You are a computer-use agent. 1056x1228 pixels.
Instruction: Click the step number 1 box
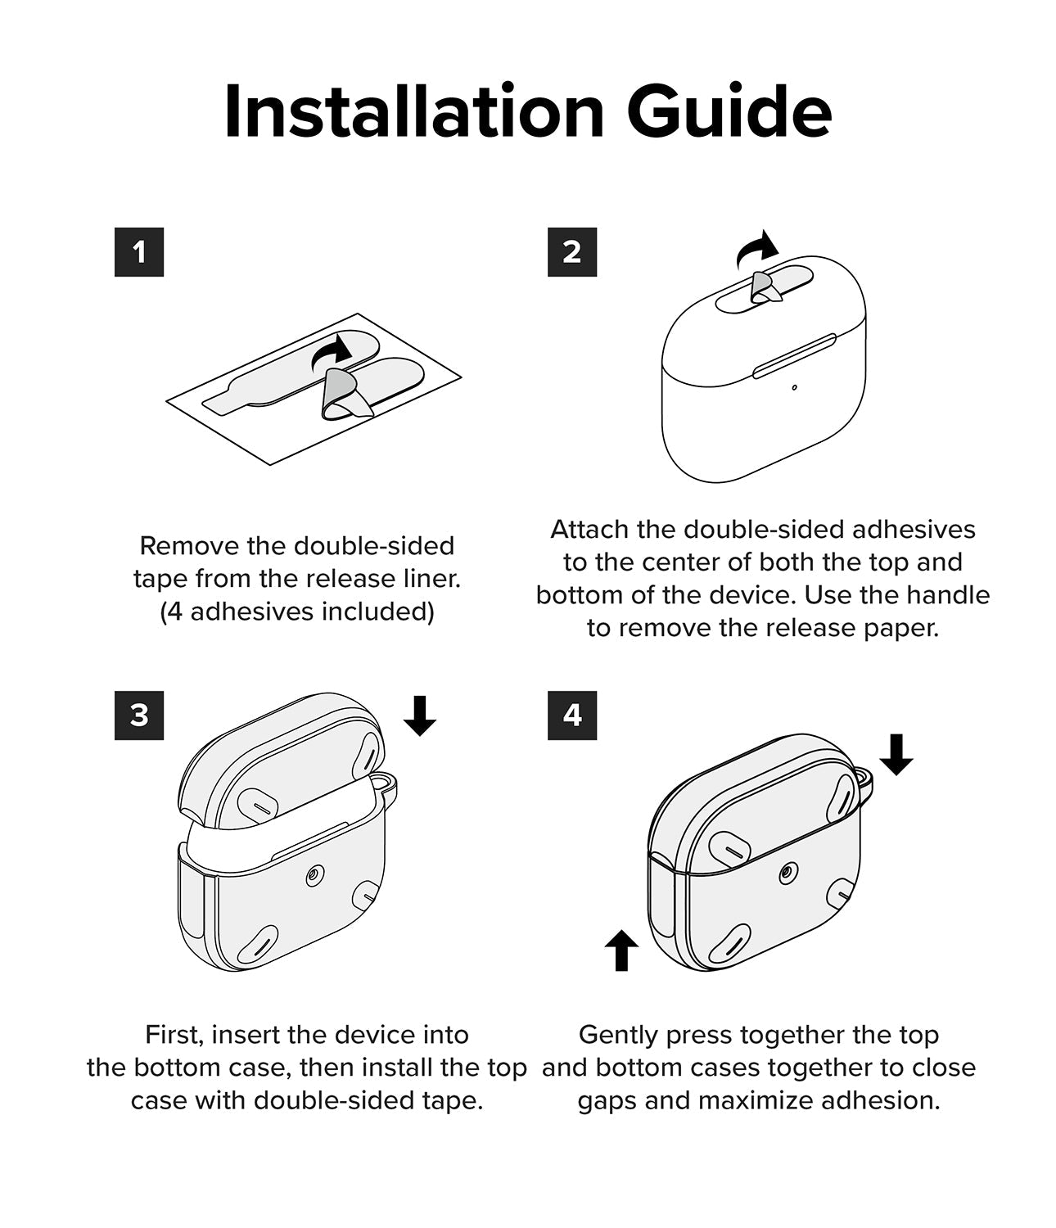coord(139,252)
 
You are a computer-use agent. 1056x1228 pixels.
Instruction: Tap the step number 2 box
coord(572,252)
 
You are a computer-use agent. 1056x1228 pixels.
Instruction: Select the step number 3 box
coord(139,716)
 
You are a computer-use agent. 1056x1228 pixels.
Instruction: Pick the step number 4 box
coord(572,716)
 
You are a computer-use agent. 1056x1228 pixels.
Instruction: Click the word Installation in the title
coord(414,111)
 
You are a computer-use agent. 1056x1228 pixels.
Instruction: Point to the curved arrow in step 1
coord(330,352)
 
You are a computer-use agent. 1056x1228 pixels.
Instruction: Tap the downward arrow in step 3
coord(420,716)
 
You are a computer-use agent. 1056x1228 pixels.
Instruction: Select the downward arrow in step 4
coord(896,755)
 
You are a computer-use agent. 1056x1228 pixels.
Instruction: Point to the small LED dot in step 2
coord(795,388)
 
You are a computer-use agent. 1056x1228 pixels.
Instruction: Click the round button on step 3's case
coord(315,875)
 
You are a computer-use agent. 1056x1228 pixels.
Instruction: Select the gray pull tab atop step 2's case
coord(765,287)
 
